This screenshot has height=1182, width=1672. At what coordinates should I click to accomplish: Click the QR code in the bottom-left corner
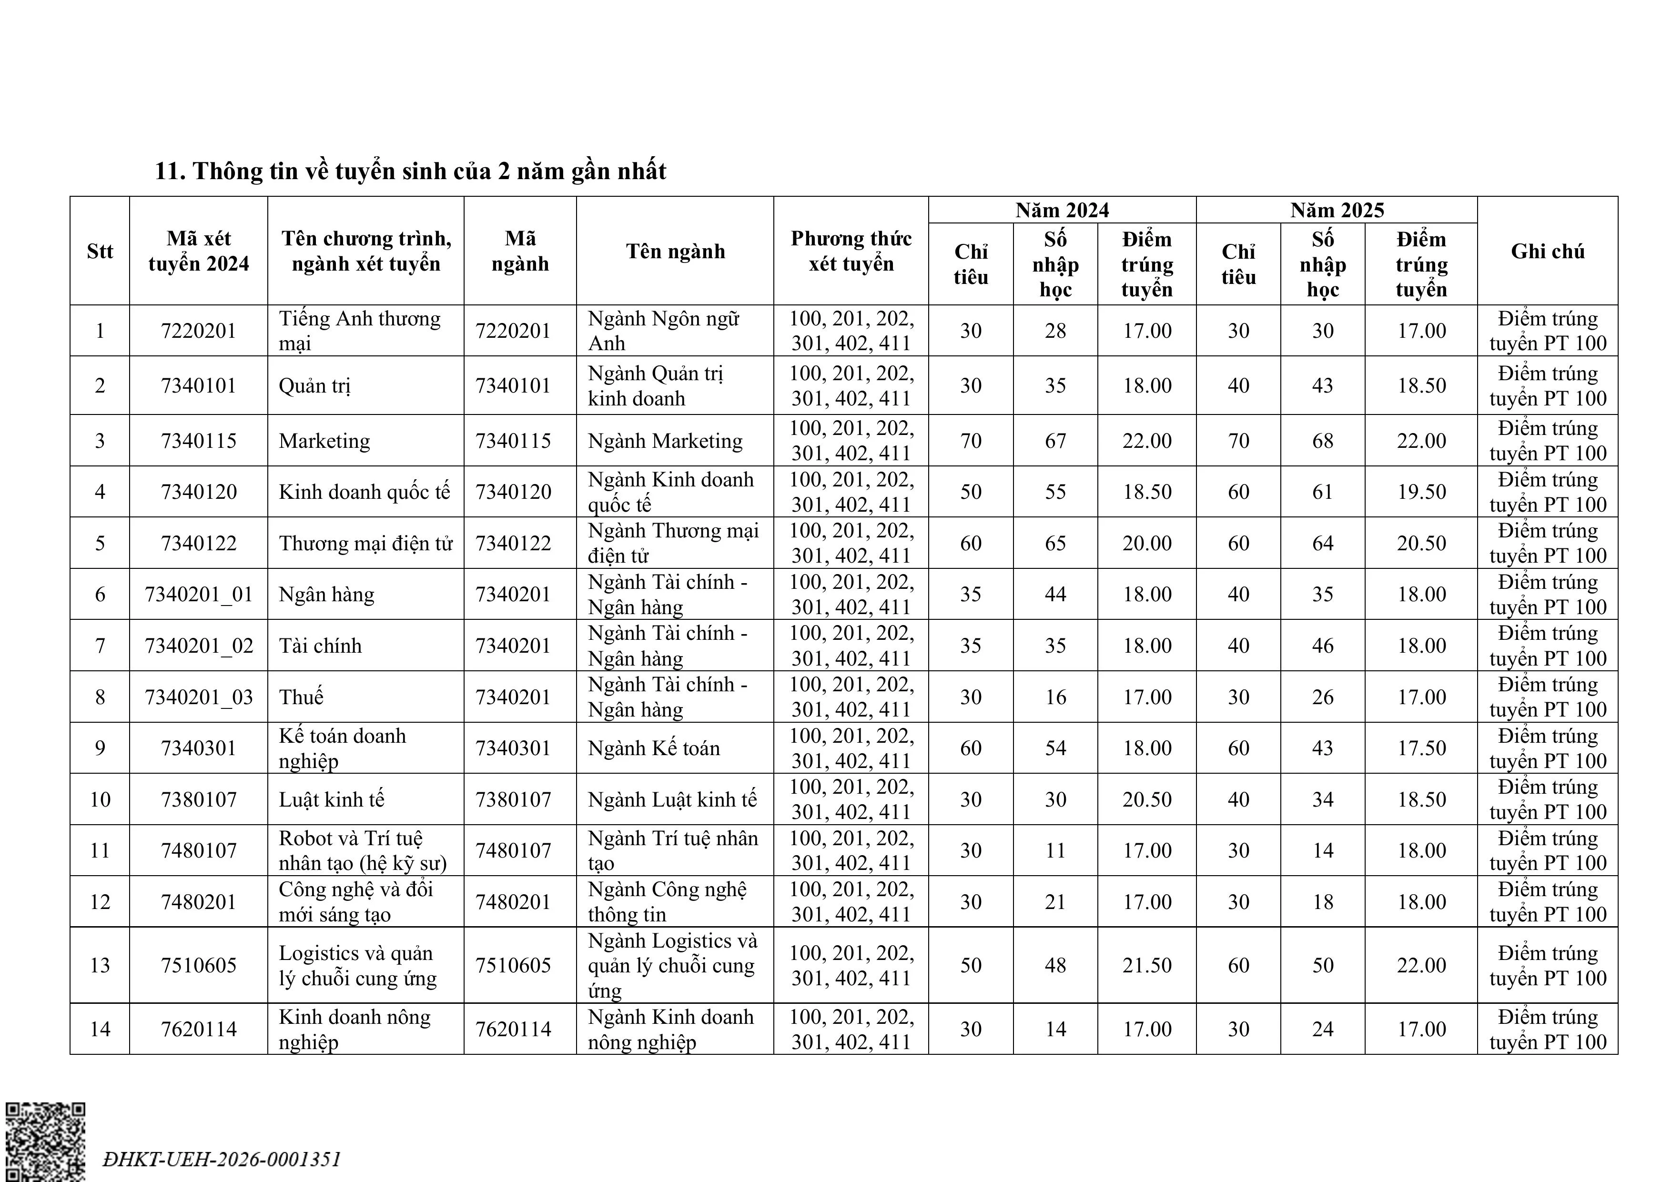coord(45,1141)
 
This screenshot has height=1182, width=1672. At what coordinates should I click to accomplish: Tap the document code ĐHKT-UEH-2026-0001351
coord(222,1159)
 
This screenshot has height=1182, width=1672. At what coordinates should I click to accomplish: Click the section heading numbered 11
coord(410,171)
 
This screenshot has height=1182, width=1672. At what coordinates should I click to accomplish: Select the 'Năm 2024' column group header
coord(1062,211)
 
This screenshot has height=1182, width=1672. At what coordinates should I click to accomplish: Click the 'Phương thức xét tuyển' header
coord(851,251)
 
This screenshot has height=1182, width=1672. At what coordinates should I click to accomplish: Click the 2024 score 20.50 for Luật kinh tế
coord(1146,799)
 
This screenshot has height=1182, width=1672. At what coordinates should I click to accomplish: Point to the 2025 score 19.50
coord(1421,492)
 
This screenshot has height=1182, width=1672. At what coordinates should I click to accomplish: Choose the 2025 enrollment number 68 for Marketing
coord(1322,441)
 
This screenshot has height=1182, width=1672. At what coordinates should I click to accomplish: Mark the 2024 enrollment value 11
coord(1055,850)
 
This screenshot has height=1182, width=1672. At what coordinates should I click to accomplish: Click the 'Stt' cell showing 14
coord(100,1029)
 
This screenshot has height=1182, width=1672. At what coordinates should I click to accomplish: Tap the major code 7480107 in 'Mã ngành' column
coord(513,850)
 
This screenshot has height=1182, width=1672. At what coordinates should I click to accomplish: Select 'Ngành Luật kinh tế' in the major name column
coord(672,799)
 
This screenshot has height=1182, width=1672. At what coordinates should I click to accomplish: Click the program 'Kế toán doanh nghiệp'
coord(342,748)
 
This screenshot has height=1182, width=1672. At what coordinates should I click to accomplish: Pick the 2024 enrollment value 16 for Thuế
coord(1055,697)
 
